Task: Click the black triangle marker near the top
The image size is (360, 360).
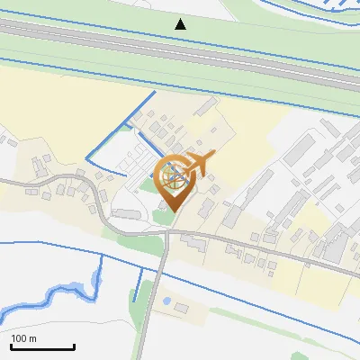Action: (181, 23)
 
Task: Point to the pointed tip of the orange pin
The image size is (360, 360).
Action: (173, 212)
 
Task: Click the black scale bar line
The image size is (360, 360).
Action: (42, 347)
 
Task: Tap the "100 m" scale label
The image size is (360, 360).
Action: (23, 338)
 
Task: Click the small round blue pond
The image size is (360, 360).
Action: (167, 301)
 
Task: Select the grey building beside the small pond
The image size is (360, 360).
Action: (177, 311)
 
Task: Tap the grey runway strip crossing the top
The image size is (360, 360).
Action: (180, 49)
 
